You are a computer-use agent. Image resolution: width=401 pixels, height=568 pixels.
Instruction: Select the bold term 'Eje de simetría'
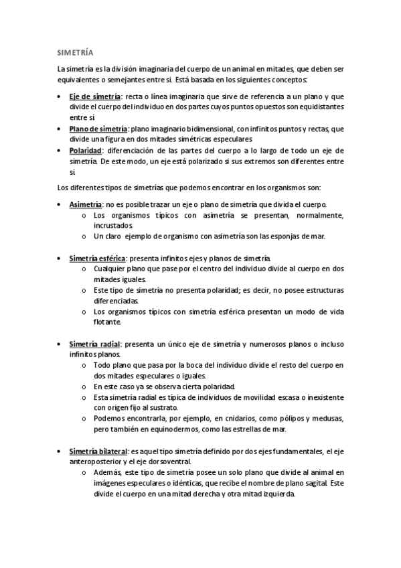click(94, 97)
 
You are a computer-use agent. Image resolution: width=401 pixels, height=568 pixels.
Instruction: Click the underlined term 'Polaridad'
click(86, 151)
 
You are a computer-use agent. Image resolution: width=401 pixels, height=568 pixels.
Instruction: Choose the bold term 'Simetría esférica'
click(97, 258)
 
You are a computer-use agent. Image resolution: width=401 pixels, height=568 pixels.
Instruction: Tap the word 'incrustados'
click(114, 226)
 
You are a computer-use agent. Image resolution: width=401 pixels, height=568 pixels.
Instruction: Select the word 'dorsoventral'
click(165, 461)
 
